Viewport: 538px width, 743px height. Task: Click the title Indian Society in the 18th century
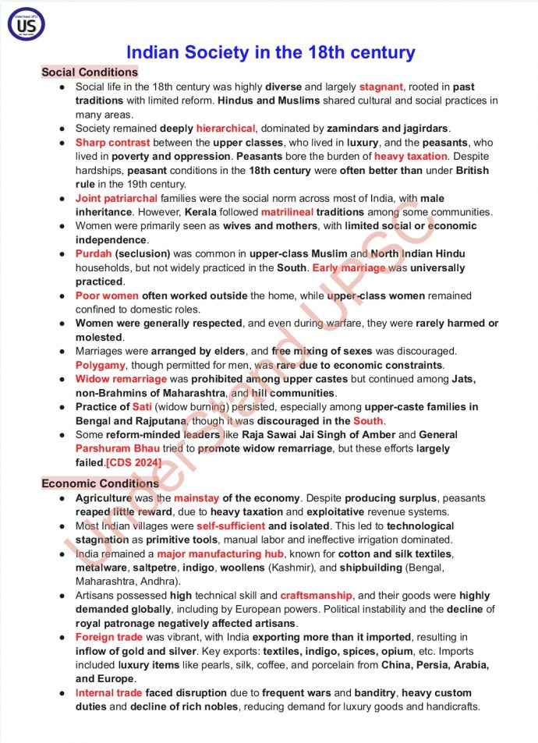(271, 53)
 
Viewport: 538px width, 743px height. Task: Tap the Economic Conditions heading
(100, 483)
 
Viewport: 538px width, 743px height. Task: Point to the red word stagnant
(380, 87)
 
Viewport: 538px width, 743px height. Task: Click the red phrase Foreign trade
(110, 637)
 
